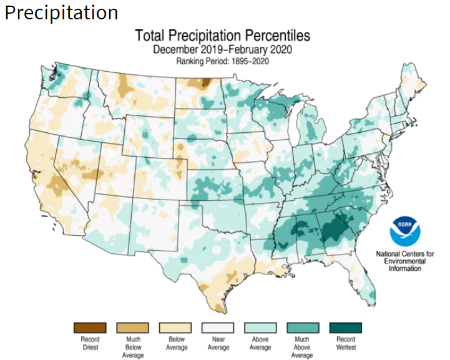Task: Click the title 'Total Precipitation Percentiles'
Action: coord(223,36)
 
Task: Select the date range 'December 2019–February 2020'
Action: coord(223,49)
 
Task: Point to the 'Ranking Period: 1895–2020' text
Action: coord(223,61)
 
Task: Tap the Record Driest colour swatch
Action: coord(89,328)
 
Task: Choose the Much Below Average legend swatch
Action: coord(132,328)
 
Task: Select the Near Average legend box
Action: coord(218,328)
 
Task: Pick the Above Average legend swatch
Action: coord(260,328)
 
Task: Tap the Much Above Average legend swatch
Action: coord(303,328)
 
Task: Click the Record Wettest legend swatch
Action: coord(345,328)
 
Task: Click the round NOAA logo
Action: coord(405,230)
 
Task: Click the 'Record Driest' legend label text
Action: coord(89,343)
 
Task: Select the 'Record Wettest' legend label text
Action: coord(345,343)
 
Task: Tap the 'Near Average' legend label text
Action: coord(218,343)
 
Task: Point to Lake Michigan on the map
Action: coord(292,128)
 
